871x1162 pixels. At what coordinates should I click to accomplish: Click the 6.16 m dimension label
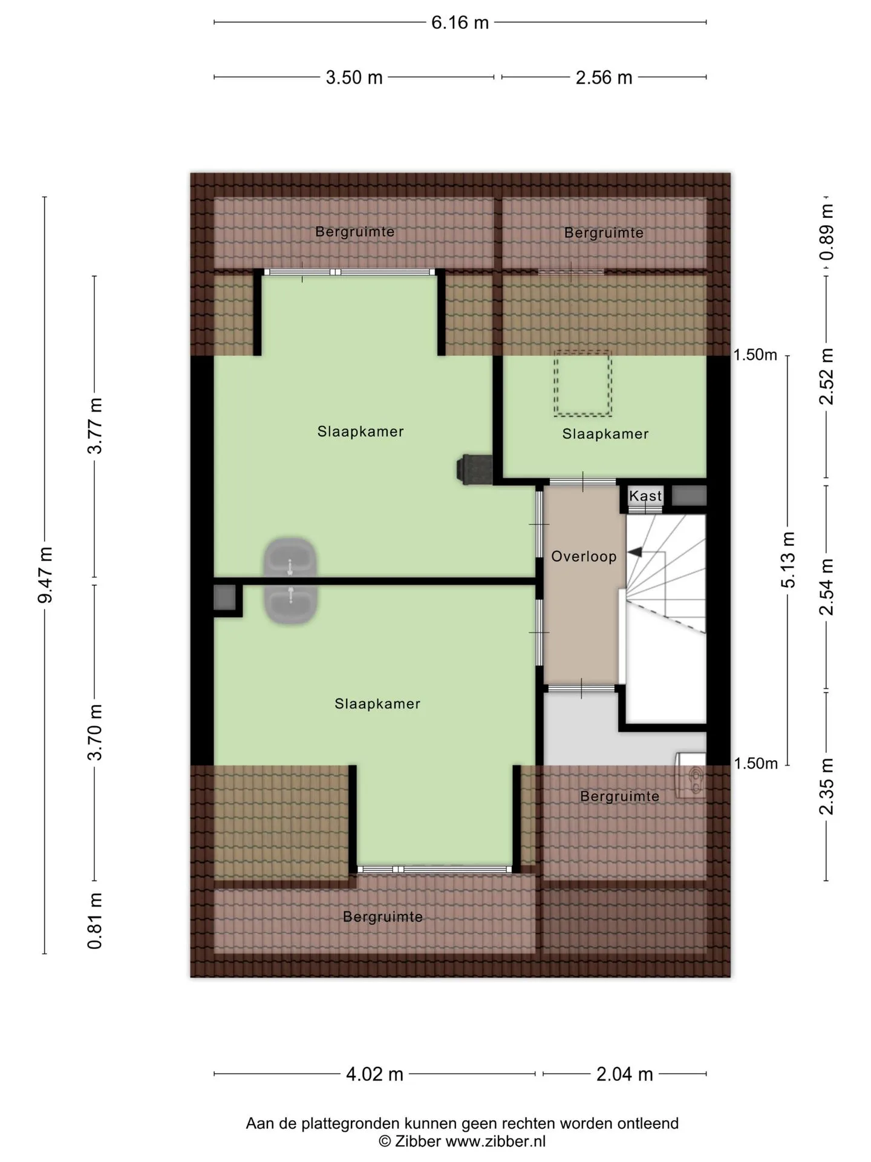[460, 22]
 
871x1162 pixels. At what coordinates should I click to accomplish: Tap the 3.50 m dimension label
[354, 77]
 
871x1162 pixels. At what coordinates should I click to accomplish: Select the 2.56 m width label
[604, 77]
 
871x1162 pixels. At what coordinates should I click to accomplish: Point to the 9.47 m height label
[45, 574]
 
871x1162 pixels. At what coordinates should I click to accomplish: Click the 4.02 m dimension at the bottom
[374, 1074]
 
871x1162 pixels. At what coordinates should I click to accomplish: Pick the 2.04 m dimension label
[625, 1074]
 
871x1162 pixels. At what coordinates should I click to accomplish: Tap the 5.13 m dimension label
[788, 560]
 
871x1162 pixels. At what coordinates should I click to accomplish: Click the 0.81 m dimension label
[95, 921]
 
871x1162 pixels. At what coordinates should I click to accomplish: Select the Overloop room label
[584, 556]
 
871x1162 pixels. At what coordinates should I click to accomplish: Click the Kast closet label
[645, 496]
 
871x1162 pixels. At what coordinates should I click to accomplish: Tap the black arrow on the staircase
[635, 552]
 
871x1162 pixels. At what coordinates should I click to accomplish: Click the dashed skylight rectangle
[583, 383]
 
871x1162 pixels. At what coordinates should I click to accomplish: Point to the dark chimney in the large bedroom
[474, 469]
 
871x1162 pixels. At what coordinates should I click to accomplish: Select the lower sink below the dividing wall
[291, 605]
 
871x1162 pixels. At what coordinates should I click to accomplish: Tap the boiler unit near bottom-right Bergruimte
[691, 775]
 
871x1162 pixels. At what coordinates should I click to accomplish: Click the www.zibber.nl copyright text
[462, 1141]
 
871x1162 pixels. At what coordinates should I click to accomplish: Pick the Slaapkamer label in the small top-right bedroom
[605, 434]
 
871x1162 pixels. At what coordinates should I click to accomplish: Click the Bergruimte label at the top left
[355, 232]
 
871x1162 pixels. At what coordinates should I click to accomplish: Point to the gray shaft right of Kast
[689, 495]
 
